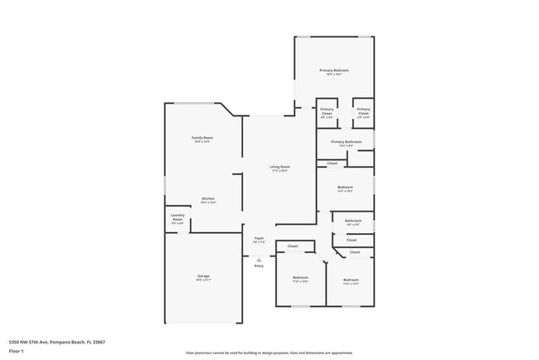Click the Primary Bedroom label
(334, 71)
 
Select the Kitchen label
(208, 198)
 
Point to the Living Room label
(279, 167)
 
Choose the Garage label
(203, 275)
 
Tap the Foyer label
(259, 238)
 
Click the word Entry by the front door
(259, 265)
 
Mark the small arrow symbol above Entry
(259, 260)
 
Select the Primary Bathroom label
(346, 142)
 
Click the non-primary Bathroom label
(352, 220)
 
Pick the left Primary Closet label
(327, 111)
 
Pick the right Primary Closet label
(363, 111)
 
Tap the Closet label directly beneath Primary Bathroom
(332, 163)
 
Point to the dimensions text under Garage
(203, 280)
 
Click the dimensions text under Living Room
(279, 171)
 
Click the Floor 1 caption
(17, 352)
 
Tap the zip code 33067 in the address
(100, 341)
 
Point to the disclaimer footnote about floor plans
(269, 353)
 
